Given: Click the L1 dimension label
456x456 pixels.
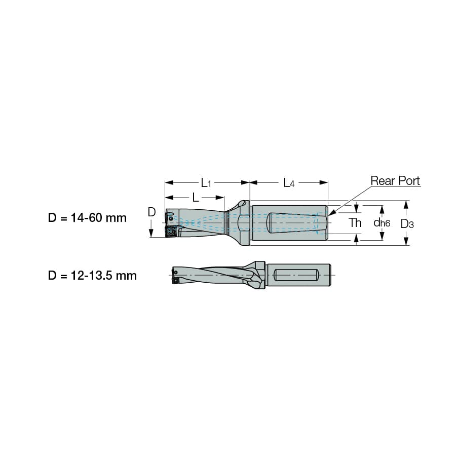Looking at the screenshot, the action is coord(206,183).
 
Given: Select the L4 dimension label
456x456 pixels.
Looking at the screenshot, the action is coord(289,183).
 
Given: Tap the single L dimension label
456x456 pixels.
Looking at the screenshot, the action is coord(196,198).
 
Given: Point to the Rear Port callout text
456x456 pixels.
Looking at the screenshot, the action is coord(395,180).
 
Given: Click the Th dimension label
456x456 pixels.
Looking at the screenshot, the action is coord(355,223).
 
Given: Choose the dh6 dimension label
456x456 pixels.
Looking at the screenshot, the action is coord(382,223).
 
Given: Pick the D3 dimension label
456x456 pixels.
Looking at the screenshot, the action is coord(407,224).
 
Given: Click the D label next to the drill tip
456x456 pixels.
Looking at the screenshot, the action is coord(151,212).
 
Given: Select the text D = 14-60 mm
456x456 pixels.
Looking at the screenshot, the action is coord(87,218).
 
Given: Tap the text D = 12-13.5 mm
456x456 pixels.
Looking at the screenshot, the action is coord(92,276).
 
